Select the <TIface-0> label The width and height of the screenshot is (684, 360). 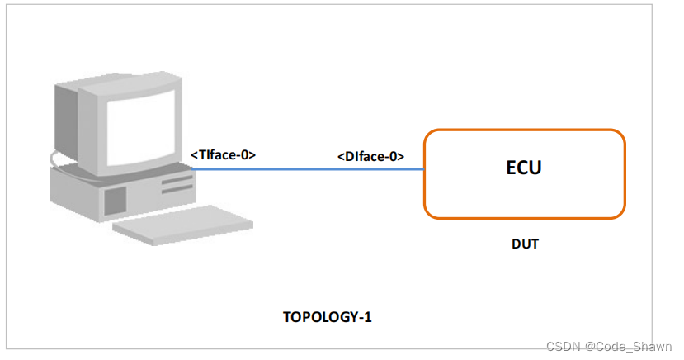(x=223, y=154)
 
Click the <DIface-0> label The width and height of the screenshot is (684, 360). (x=370, y=155)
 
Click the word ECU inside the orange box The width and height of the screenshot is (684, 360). (x=523, y=168)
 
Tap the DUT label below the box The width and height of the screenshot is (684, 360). (x=525, y=244)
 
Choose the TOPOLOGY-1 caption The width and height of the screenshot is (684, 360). (x=328, y=316)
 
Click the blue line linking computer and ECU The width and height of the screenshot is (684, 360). (x=314, y=169)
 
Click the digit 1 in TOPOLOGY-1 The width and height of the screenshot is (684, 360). (x=368, y=316)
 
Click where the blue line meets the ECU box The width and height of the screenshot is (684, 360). (x=424, y=169)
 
